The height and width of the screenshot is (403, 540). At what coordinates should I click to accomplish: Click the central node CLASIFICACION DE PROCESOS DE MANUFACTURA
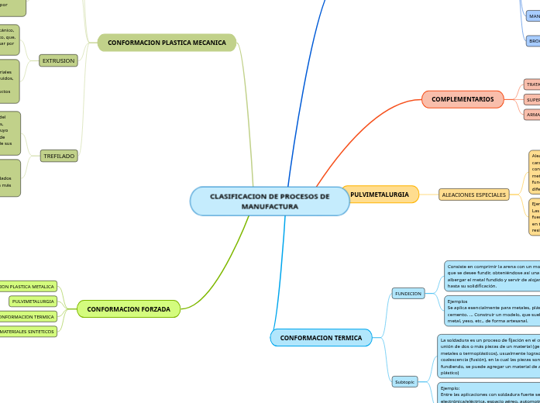pos(269,201)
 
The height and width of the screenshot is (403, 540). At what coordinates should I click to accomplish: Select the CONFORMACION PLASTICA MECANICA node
pos(167,43)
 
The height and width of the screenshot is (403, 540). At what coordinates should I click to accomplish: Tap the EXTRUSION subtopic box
pos(59,60)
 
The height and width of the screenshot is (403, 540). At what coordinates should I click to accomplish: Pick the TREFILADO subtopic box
pos(59,156)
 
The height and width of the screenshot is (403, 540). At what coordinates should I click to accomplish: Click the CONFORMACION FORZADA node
pos(129,309)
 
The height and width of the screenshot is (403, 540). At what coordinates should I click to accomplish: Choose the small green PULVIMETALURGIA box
pos(33,301)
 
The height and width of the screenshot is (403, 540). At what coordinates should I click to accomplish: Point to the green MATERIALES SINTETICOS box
pos(28,332)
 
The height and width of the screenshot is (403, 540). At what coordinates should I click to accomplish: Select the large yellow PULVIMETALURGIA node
pos(380,194)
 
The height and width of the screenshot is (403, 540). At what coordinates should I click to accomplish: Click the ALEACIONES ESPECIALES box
pos(474,195)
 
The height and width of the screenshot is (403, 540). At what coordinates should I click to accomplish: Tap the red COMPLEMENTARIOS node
pos(463,99)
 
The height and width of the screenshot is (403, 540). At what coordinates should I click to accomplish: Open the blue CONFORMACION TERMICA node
pos(321,338)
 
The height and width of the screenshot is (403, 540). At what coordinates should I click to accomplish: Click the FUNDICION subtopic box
pos(408,294)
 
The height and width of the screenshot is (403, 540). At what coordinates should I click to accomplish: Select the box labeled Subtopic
pos(405,381)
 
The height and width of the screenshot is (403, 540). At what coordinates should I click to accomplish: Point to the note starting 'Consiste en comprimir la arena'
pos(492,276)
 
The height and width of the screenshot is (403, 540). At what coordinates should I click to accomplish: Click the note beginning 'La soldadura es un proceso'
pos(488,356)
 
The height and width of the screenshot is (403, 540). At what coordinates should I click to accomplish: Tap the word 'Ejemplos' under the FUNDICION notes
pos(458,301)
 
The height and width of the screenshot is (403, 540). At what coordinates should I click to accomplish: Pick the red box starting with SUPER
pos(533,99)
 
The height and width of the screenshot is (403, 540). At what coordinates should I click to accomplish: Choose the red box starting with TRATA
pos(533,84)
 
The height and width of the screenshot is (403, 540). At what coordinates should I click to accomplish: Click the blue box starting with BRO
pos(533,40)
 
